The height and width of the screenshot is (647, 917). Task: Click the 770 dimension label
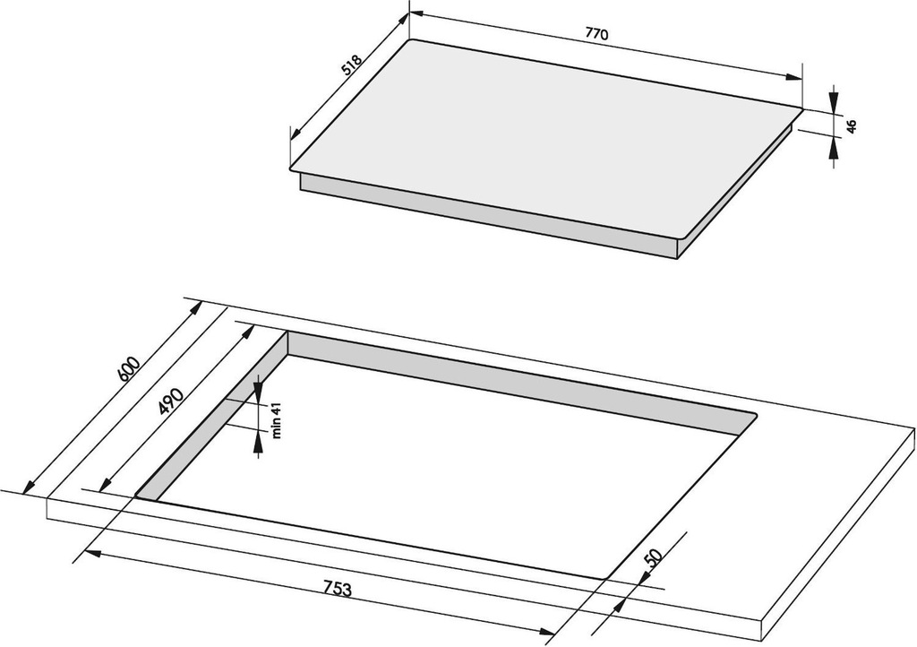click(596, 34)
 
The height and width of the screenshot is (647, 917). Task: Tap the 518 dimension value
click(352, 65)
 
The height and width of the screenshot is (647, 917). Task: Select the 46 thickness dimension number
click(852, 125)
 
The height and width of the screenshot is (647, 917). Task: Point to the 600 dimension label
click(129, 369)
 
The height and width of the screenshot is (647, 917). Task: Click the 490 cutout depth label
click(172, 401)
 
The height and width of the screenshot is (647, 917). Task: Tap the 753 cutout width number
click(338, 589)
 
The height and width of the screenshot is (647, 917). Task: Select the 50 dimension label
click(653, 557)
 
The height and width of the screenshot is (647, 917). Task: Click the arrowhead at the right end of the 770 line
click(793, 77)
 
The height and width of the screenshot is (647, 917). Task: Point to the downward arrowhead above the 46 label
click(834, 100)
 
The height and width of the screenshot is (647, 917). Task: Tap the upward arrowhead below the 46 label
click(834, 147)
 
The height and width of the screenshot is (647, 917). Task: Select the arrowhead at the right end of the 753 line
click(546, 631)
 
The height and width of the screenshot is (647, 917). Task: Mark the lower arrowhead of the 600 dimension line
click(28, 486)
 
